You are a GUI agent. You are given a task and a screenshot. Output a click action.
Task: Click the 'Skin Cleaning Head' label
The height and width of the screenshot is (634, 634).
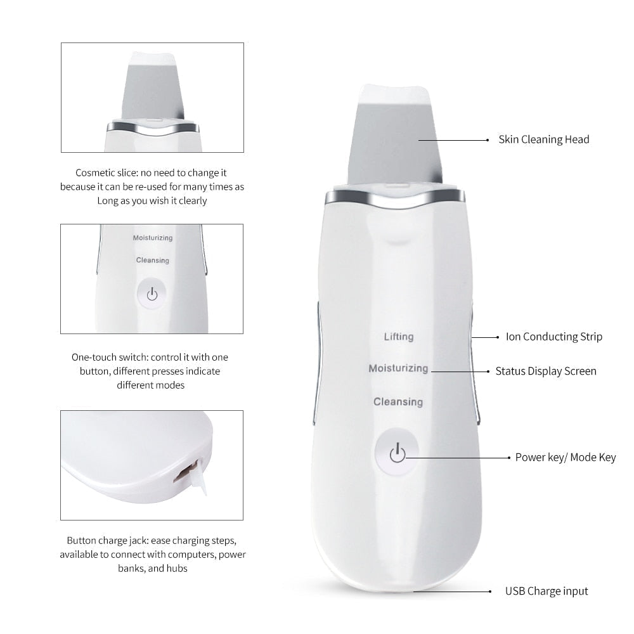pyautogui.click(x=543, y=139)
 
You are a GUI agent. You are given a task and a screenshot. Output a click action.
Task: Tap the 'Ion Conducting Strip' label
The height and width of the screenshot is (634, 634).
pyautogui.click(x=553, y=337)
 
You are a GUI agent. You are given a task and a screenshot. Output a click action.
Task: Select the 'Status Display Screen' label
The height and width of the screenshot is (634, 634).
pyautogui.click(x=545, y=371)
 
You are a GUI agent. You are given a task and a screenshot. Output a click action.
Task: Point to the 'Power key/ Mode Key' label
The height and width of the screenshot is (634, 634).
pyautogui.click(x=565, y=457)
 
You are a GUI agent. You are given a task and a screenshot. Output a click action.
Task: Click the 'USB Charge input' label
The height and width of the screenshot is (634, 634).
pyautogui.click(x=546, y=591)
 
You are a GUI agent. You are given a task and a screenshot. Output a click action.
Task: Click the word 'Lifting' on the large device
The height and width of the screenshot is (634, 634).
pyautogui.click(x=398, y=337)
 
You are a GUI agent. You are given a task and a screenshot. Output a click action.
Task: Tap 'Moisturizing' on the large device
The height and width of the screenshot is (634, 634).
pyautogui.click(x=398, y=368)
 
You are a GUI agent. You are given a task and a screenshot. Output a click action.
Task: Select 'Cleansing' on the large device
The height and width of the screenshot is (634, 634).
pyautogui.click(x=398, y=401)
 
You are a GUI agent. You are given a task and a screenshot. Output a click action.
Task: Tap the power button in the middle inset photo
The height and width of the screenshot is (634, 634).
pyautogui.click(x=152, y=294)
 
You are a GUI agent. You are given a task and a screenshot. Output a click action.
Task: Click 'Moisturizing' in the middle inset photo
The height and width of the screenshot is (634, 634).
pyautogui.click(x=152, y=238)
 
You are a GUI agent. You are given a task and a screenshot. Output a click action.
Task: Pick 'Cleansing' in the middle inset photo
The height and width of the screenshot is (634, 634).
pyautogui.click(x=152, y=260)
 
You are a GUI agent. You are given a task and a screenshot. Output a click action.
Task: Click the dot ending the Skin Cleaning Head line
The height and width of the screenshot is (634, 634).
pyautogui.click(x=487, y=139)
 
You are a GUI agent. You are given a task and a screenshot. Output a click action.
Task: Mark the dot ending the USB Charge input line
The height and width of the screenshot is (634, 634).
pyautogui.click(x=490, y=591)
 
